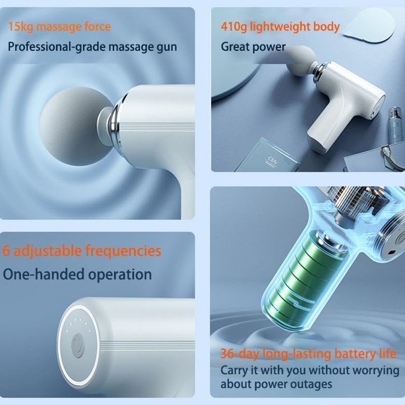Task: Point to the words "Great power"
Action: coord(253,47)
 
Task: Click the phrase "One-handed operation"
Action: coord(77,274)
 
